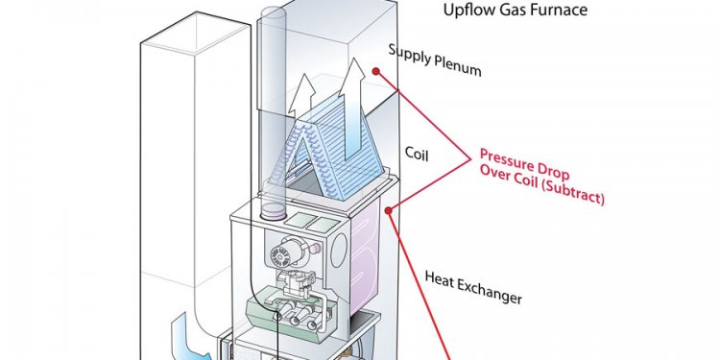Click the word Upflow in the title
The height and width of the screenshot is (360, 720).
coord(468,12)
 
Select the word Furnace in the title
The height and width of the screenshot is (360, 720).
coord(556,12)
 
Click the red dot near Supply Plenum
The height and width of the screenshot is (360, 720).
coord(377,71)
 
